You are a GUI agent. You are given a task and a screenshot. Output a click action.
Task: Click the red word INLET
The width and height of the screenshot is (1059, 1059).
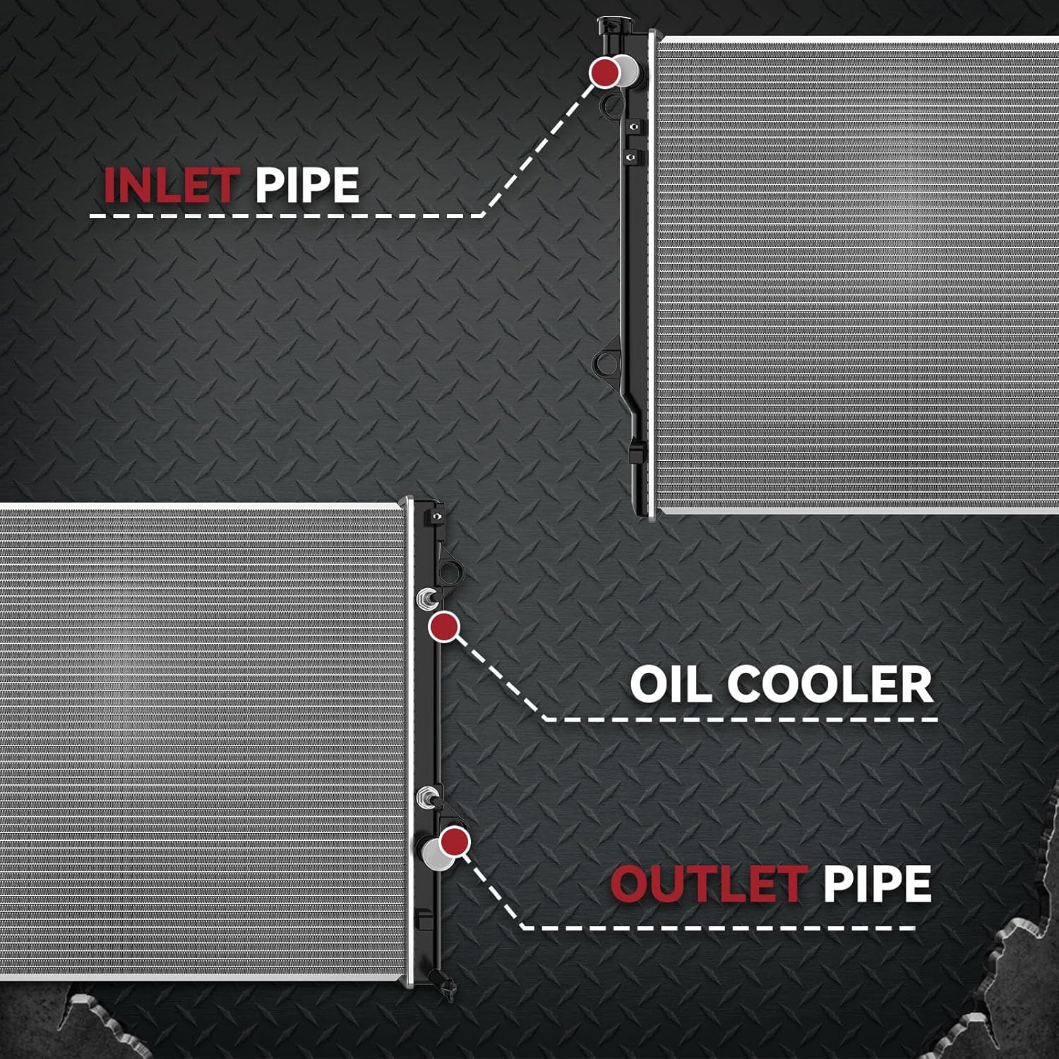169,185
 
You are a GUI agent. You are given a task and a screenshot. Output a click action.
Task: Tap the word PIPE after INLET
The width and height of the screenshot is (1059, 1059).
307,185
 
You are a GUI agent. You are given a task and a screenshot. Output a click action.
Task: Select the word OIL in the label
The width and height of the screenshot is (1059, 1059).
671,684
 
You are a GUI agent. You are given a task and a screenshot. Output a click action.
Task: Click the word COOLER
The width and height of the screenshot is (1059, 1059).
830,684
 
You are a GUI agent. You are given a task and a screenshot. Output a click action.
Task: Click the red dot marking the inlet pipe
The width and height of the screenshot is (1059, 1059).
605,72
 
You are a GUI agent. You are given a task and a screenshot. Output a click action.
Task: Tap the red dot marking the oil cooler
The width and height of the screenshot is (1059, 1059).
444,627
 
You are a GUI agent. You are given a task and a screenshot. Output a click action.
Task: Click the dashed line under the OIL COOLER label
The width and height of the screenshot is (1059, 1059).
741,720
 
